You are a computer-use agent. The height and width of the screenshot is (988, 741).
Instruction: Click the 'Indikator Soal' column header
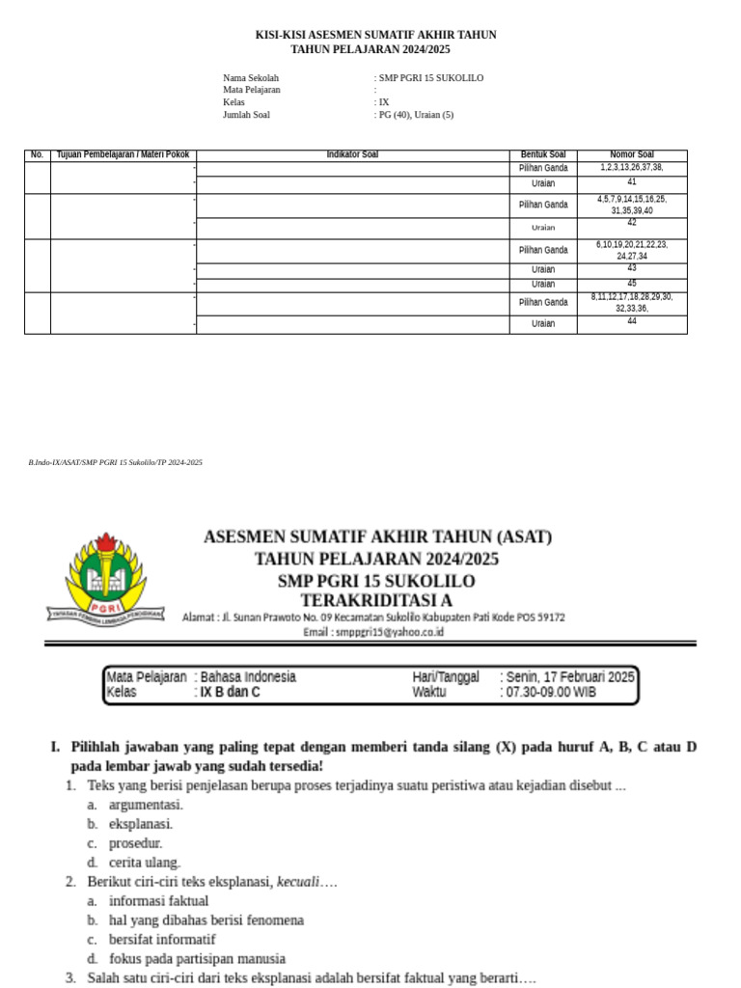tap(352, 155)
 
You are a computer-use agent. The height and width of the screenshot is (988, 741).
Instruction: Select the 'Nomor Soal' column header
tap(632, 155)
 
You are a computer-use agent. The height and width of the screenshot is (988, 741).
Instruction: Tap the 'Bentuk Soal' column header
tap(543, 155)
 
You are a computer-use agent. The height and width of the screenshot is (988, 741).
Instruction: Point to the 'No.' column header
tap(38, 155)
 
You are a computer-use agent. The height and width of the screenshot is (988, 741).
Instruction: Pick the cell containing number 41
tap(632, 182)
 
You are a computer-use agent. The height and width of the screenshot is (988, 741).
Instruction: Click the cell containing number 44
tap(632, 322)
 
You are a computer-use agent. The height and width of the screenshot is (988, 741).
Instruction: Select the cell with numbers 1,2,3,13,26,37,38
tap(632, 168)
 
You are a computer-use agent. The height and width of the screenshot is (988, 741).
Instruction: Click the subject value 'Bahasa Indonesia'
tap(248, 677)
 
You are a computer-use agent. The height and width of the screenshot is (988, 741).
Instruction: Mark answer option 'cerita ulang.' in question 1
tap(145, 863)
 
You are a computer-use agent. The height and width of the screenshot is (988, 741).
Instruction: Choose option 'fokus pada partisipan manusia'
tap(197, 959)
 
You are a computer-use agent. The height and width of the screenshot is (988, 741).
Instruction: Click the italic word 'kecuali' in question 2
tap(297, 882)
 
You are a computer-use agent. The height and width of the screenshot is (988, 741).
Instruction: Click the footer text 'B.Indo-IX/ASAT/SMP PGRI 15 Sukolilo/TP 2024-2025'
tap(116, 463)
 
